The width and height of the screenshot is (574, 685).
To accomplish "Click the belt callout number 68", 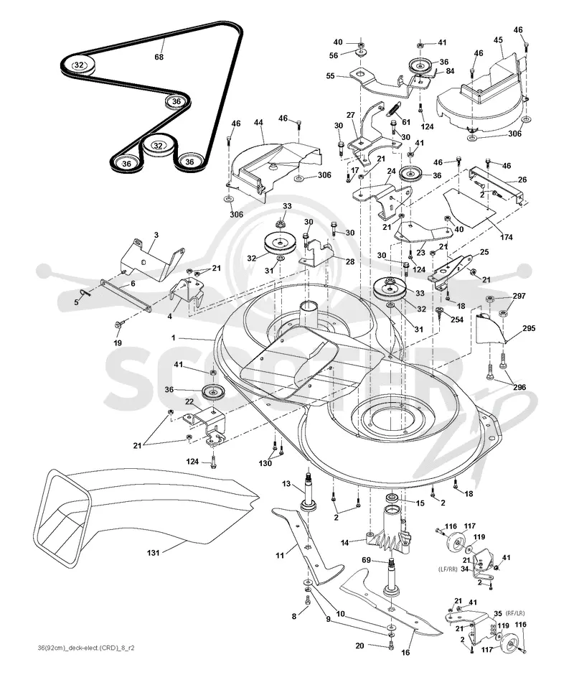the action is click(x=159, y=57).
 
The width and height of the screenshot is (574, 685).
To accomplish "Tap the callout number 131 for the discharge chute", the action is click(x=154, y=553).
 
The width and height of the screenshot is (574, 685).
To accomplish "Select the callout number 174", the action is click(x=507, y=237).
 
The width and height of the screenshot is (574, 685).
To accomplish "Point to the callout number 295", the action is click(x=529, y=328).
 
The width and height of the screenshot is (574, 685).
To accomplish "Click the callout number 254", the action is click(x=457, y=320).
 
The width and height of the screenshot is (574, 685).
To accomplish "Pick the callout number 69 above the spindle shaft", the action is click(x=366, y=559).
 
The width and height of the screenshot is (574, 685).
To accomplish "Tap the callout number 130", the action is click(x=265, y=464).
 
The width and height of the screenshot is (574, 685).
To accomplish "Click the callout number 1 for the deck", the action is click(x=174, y=337).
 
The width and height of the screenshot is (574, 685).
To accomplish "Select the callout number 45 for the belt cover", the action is click(x=498, y=39).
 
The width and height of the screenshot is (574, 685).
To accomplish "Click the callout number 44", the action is click(x=258, y=123).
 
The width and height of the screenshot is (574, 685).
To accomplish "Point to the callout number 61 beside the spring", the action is click(x=406, y=123).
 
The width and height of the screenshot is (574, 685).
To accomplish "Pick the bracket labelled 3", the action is click(x=151, y=265).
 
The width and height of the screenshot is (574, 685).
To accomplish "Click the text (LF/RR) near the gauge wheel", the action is click(x=447, y=569).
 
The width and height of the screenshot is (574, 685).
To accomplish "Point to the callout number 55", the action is click(x=331, y=76).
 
